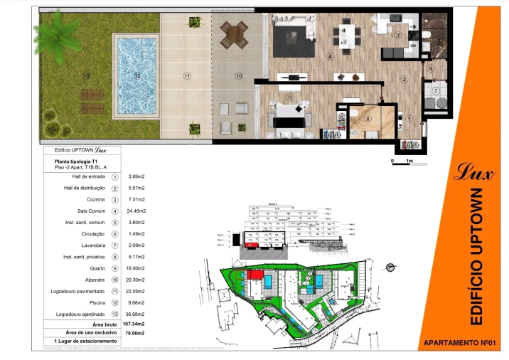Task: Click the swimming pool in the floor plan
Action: coord(136,75)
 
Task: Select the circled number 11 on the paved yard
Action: coord(187,75)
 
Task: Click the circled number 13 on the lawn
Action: coord(86,75)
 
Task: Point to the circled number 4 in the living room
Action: coord(330,56)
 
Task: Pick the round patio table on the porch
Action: coord(232,33)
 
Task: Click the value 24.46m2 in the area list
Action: coord(136,211)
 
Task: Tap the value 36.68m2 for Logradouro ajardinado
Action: coord(136,314)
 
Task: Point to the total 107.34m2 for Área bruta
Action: coord(133,324)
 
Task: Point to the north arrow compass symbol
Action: coord(390,267)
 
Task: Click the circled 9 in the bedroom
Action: coord(289,97)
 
